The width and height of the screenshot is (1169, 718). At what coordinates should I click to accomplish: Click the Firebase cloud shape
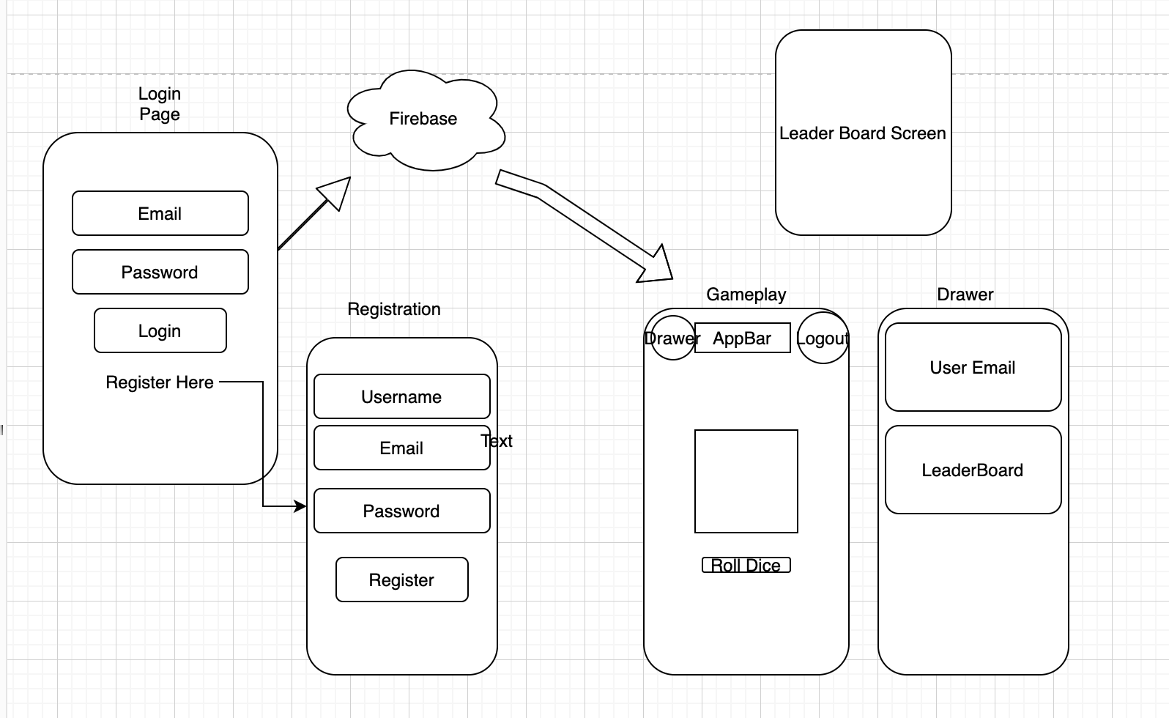click(x=424, y=119)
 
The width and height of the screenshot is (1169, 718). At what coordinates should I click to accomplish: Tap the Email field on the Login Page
click(x=160, y=213)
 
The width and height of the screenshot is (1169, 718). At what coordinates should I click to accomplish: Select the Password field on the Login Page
click(x=160, y=272)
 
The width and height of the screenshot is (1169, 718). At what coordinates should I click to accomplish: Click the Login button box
click(x=160, y=330)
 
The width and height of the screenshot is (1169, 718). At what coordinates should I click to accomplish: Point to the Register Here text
click(x=160, y=382)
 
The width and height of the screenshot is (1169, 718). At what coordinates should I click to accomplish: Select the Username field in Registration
click(x=401, y=396)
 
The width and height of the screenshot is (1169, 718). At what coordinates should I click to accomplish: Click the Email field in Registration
click(x=401, y=448)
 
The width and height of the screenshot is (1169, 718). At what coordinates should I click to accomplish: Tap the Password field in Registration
click(x=401, y=511)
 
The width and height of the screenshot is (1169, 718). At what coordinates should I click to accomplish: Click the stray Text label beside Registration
click(x=497, y=441)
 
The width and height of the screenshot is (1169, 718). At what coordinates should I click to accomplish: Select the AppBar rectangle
click(x=742, y=338)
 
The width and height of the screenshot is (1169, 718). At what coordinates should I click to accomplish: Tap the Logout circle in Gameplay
click(x=823, y=338)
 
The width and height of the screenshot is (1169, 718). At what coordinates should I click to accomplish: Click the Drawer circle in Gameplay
click(x=672, y=338)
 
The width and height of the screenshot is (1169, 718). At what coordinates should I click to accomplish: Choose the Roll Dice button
click(x=746, y=565)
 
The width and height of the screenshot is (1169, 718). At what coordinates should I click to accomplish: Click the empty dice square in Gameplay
click(x=746, y=481)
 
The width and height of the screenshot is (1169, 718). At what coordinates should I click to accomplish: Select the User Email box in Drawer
click(x=973, y=367)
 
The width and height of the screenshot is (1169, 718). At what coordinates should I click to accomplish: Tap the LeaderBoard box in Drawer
click(x=973, y=470)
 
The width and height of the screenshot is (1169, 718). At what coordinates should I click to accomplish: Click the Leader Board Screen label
click(x=863, y=133)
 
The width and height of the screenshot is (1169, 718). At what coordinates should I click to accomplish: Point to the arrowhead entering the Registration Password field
click(x=300, y=506)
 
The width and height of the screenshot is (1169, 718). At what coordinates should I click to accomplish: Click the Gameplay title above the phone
click(x=746, y=295)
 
